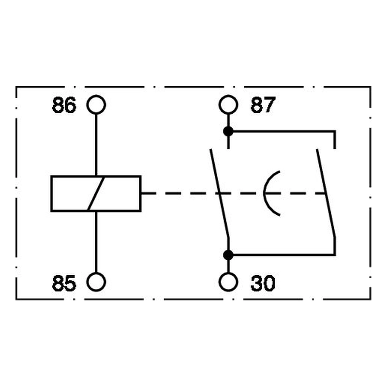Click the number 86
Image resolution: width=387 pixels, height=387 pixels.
point(64,105)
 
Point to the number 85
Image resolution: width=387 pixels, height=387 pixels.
point(64,283)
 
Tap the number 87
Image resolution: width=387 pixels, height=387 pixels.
point(263,105)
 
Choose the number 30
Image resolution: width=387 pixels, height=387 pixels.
point(263,283)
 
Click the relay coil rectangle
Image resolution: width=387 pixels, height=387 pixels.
point(51,193)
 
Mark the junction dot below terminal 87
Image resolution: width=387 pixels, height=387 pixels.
point(228,131)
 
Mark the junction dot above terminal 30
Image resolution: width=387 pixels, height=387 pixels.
point(228,255)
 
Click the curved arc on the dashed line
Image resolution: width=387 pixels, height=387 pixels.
point(264,193)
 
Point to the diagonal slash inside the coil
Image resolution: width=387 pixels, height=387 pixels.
point(96,193)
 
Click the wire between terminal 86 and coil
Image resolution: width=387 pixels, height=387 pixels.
point(96,145)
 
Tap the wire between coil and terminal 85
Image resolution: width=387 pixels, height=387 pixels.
point(96,242)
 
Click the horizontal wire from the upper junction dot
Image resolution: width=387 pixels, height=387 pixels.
point(284,132)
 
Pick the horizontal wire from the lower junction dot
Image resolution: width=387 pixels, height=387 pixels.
point(284,254)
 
